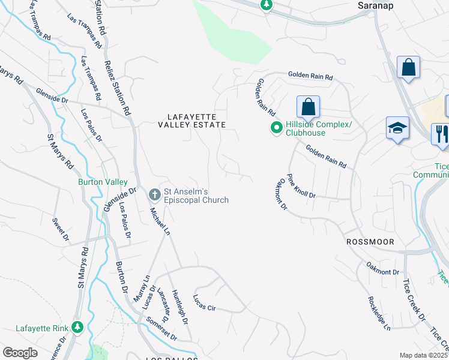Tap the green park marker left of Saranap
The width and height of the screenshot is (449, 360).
267,5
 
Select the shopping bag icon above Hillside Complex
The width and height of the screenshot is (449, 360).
308,107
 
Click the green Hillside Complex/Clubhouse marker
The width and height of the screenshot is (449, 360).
276,128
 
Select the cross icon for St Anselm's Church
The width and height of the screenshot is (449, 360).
154,194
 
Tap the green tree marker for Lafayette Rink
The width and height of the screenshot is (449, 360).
77,327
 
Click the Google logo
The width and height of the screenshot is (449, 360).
20,352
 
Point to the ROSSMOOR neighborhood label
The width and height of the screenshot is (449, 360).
370,241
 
